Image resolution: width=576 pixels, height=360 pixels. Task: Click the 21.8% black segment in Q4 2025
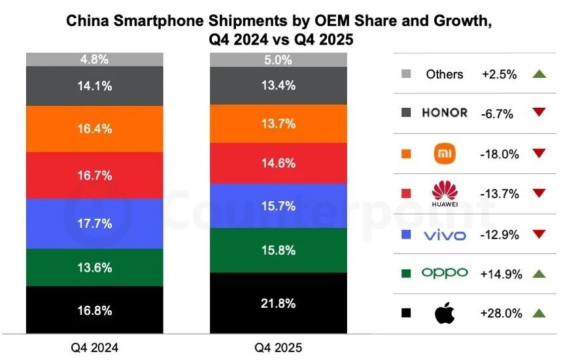coord(278,304)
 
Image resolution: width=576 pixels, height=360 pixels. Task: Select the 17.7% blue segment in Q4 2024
coord(95,224)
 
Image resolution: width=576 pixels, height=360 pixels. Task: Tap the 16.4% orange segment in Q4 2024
coord(95,129)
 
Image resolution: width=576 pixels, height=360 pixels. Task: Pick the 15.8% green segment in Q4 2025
coord(278,250)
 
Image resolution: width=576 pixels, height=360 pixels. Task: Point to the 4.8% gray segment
coord(95,59)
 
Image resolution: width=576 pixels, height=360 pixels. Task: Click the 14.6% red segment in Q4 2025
coord(278,163)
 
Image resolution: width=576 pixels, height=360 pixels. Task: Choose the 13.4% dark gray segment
coord(278,86)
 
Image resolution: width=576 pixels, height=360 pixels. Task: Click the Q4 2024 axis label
coord(95,348)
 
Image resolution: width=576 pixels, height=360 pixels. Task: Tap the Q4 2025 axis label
coord(278,348)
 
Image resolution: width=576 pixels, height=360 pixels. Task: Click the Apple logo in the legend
coord(445,314)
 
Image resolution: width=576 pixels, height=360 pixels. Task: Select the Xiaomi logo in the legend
coord(445,154)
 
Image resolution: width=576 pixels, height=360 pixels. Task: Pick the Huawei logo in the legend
coord(445,193)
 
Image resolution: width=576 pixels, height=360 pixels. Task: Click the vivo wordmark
coord(445,234)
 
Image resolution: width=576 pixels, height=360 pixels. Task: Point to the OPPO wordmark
coord(445,273)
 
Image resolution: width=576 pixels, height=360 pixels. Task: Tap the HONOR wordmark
coord(445,112)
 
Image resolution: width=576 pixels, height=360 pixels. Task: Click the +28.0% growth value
coord(501,314)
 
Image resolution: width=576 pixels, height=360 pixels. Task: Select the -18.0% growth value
coord(501,154)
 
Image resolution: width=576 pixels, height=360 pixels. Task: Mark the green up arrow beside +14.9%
coord(539,274)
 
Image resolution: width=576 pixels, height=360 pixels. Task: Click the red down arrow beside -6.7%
coord(539,113)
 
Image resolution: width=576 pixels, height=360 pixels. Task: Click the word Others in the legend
coord(445,74)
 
